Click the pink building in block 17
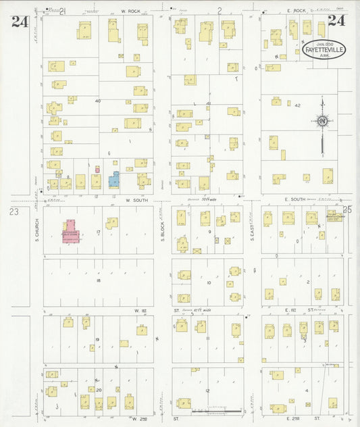[71, 231]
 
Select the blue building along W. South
[114, 180]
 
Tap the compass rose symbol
[323, 121]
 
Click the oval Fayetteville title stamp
[324, 49]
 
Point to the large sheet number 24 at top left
[20, 22]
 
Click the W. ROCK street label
[130, 11]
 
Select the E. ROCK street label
[296, 11]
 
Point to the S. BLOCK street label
[162, 230]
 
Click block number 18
[99, 280]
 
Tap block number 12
[208, 391]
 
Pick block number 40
[98, 101]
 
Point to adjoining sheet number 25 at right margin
[348, 209]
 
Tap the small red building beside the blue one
[97, 169]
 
